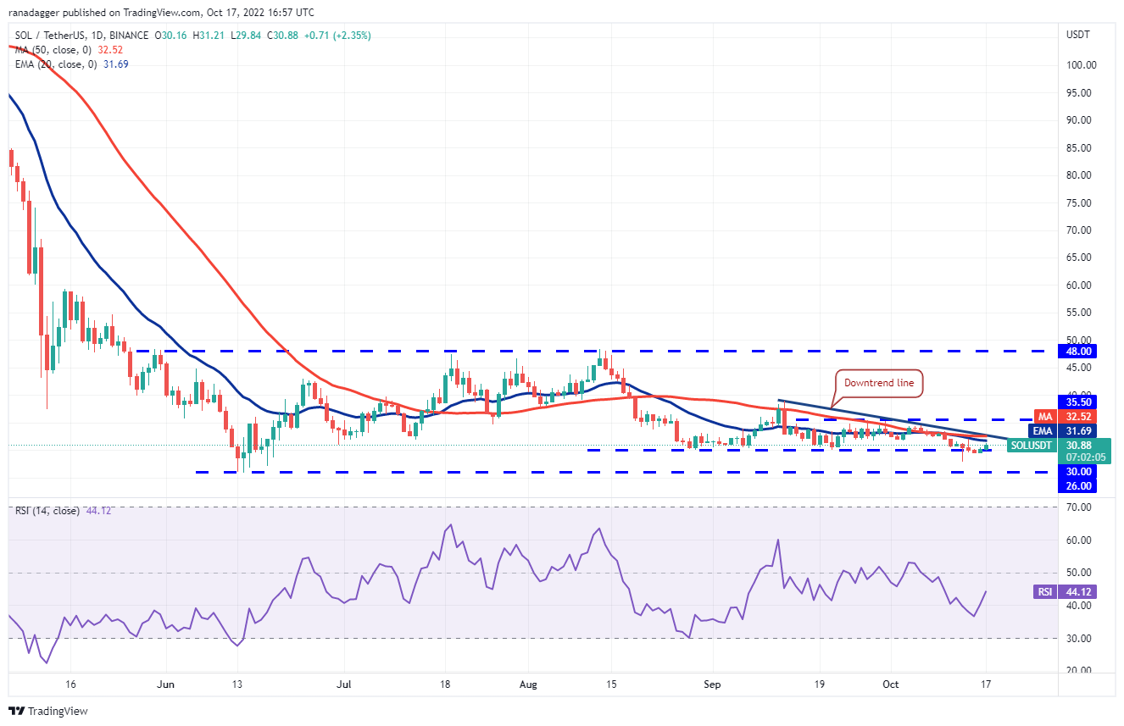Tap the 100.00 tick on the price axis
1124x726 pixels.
click(x=1081, y=65)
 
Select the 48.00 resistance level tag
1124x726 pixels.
click(x=1082, y=352)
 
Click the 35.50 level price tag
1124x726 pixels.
click(x=1082, y=402)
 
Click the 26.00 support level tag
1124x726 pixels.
click(x=1082, y=486)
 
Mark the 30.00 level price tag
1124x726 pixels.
click(x=1082, y=472)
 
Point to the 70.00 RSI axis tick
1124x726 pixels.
click(x=1078, y=507)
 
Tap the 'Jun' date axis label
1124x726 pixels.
click(x=166, y=684)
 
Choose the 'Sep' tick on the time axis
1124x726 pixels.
click(x=712, y=684)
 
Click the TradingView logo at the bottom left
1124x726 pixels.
click(x=48, y=711)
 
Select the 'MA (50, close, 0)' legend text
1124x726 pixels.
click(x=51, y=50)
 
